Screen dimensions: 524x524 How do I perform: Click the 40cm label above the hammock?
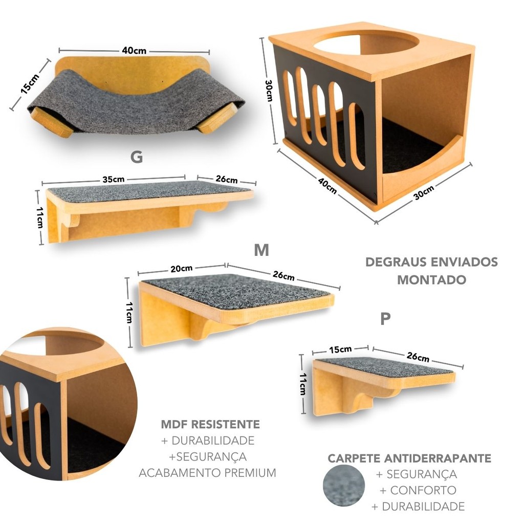coord(134,51)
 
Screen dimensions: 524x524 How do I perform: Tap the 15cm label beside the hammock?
coord(30,83)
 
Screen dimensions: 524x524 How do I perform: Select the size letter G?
coord(136,157)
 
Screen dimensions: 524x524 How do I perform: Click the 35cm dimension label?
coord(114,179)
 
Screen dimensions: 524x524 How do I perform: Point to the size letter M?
coord(261,250)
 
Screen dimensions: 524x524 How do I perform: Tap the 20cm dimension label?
coord(182,268)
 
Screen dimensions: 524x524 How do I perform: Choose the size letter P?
coord(385,319)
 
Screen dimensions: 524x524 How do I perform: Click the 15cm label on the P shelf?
coord(340,350)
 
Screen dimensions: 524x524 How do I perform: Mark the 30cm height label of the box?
coord(269,91)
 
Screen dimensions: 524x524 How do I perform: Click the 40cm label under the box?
coord(327,186)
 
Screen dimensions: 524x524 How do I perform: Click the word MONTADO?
coord(431,280)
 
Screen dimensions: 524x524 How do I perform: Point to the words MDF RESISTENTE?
coord(210,424)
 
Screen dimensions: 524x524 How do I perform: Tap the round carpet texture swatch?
coord(343,486)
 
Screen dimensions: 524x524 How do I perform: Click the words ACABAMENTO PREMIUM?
coord(207,473)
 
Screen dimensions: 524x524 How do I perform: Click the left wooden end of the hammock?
coord(51,121)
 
